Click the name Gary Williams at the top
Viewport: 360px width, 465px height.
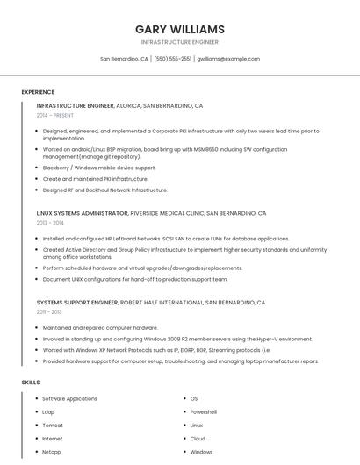180,29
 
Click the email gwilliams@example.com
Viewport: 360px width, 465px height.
228,59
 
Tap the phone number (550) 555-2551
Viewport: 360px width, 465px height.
173,59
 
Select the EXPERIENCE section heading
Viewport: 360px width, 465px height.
38,92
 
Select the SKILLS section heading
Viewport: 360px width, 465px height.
31,383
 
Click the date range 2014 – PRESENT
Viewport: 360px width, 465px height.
55,115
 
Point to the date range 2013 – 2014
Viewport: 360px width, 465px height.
50,223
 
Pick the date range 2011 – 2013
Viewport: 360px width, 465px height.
49,311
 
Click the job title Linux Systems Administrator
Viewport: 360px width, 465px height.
83,213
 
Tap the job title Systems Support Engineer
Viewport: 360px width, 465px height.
77,302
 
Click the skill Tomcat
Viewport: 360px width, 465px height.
54,426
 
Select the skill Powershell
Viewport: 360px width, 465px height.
204,412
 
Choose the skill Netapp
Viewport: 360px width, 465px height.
53,452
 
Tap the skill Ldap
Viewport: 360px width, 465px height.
49,412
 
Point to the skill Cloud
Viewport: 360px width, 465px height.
198,439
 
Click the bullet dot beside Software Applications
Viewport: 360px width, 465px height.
36,399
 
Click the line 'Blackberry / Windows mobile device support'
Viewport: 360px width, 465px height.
99,168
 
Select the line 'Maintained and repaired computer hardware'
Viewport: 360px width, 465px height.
100,327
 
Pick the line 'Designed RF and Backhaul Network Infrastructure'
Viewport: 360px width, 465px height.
104,190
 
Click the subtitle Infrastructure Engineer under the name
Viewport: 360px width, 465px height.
180,42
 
